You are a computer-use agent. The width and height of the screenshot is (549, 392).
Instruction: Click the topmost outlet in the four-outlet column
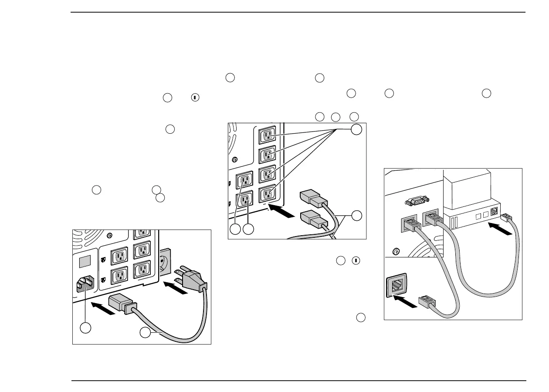(x=268, y=135)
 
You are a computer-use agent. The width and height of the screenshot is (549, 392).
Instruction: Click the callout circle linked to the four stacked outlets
(x=357, y=129)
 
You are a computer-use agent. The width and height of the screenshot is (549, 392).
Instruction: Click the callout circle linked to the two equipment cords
(x=357, y=215)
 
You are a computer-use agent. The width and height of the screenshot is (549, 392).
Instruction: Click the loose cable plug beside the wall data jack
(x=427, y=302)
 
